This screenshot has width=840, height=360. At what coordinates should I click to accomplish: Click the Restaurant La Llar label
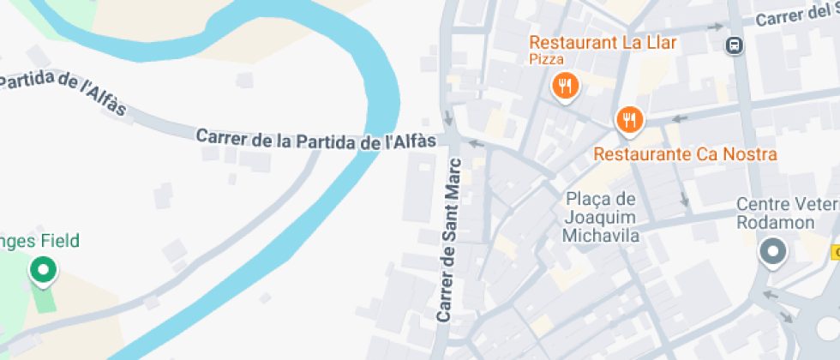point(603,42)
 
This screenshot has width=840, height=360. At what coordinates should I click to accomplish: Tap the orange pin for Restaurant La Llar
point(565,87)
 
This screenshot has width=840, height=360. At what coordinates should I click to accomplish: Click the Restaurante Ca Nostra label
point(686,154)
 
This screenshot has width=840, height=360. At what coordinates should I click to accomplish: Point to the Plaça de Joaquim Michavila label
point(602,217)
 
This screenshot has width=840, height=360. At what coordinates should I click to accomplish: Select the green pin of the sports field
point(41,271)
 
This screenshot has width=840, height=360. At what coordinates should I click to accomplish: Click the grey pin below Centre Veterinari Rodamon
point(773,252)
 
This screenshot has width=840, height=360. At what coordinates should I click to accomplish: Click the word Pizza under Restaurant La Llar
point(546,59)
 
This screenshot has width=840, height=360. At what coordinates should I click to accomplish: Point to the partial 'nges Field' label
point(39,241)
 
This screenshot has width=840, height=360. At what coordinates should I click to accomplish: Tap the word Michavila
point(602,235)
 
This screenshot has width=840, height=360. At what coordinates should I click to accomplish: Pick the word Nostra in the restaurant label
point(747,154)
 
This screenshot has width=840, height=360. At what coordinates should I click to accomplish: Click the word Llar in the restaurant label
point(662,42)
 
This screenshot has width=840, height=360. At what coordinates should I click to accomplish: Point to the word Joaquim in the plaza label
point(602,217)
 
